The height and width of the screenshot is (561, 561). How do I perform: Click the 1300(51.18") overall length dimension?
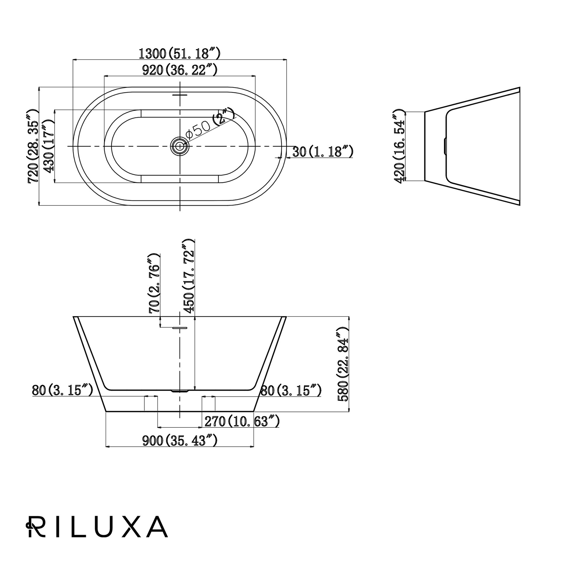click(179, 53)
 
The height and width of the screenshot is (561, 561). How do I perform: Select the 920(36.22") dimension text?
click(179, 70)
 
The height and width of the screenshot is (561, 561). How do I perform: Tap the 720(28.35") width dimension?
click(33, 146)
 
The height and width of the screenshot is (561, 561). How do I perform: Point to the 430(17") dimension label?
click(49, 146)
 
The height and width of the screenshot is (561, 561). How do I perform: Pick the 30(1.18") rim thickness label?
click(323, 152)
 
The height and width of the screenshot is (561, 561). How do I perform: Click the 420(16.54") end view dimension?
click(399, 146)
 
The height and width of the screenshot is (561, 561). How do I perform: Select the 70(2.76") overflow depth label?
click(155, 283)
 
